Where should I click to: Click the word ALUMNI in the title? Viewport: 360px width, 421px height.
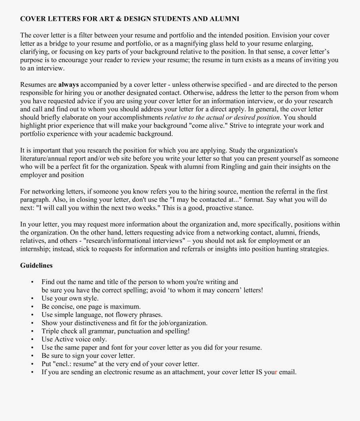[x=225, y=19]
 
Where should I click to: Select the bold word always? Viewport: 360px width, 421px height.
[x=68, y=84]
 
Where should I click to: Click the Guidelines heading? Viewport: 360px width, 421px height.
[x=36, y=265]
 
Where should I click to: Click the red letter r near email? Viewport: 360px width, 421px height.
[x=276, y=372]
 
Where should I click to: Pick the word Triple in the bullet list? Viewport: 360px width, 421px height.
[x=50, y=331]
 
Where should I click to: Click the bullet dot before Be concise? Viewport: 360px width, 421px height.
[x=32, y=307]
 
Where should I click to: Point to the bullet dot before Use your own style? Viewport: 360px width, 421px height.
[x=32, y=299]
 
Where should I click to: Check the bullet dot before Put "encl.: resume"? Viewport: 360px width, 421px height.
[x=32, y=364]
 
